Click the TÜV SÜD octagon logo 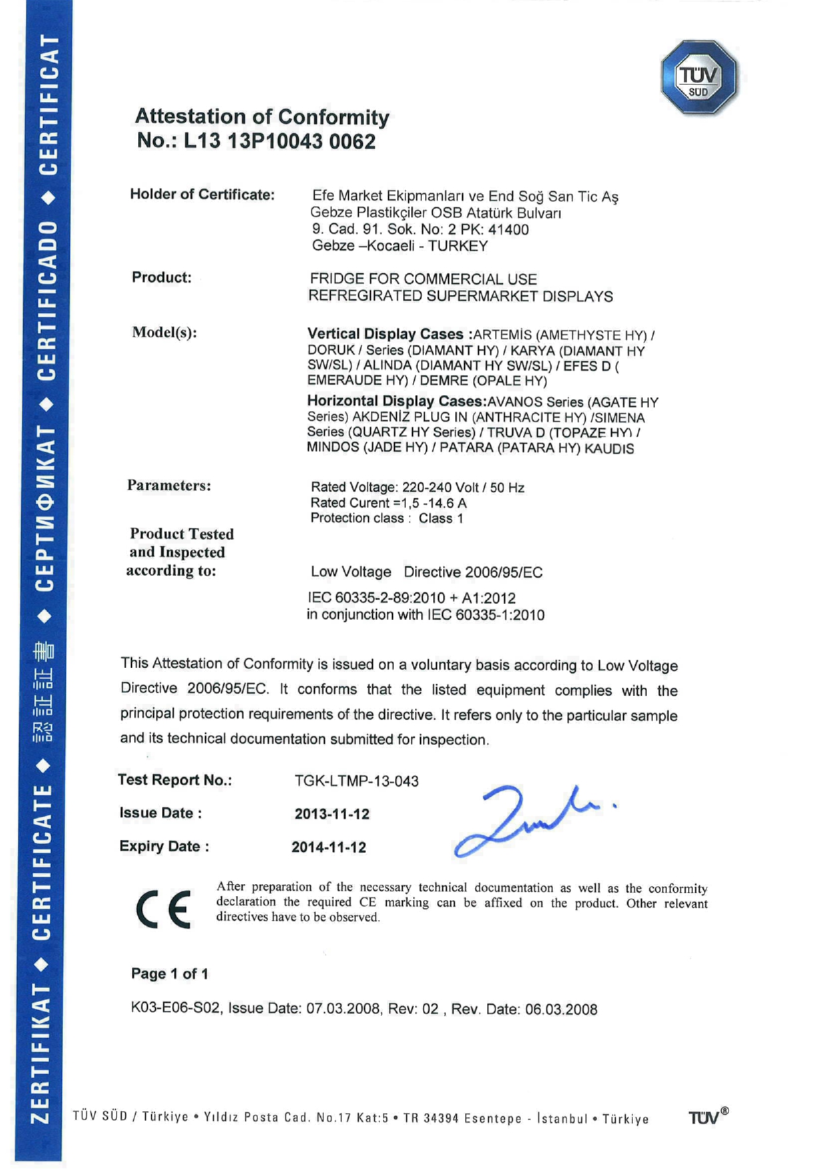click(x=699, y=77)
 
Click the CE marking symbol click(x=164, y=909)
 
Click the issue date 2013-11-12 click(x=332, y=814)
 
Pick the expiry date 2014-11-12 click(x=328, y=847)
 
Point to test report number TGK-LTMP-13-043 click(x=356, y=781)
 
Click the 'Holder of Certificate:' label click(x=202, y=195)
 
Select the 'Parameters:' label click(x=169, y=485)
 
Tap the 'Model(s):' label click(x=164, y=333)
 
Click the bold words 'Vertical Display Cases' click(x=385, y=334)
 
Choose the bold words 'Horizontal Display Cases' click(x=395, y=401)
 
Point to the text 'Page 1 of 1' click(x=170, y=974)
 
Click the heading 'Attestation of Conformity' click(x=262, y=117)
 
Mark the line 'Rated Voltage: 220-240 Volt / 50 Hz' click(x=417, y=487)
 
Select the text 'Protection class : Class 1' click(x=386, y=518)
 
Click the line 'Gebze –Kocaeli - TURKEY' click(x=400, y=246)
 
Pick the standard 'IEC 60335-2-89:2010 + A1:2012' click(x=411, y=598)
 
